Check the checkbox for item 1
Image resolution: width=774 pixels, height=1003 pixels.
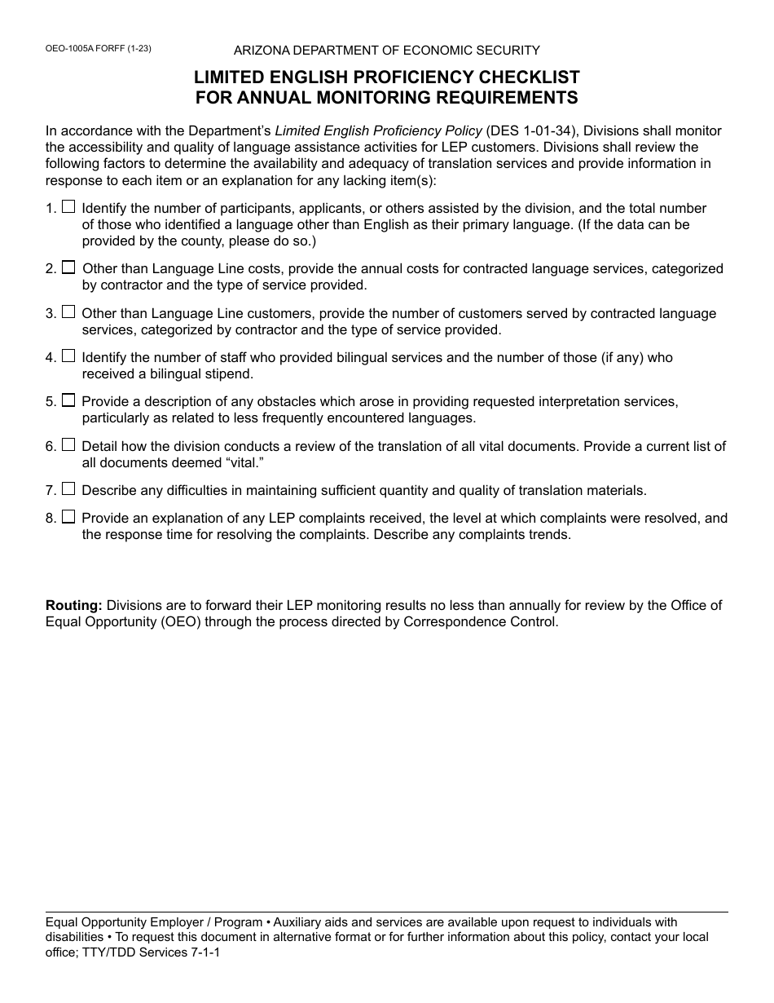click(x=68, y=207)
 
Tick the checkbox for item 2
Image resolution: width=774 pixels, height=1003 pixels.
click(x=68, y=267)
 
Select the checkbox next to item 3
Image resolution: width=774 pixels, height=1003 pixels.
click(x=68, y=312)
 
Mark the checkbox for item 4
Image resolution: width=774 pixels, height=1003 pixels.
click(x=68, y=356)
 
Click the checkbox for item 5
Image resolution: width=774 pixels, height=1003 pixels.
click(x=68, y=400)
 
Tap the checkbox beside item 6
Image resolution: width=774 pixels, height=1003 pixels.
click(x=68, y=444)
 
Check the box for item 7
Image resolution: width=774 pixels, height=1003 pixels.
click(x=68, y=489)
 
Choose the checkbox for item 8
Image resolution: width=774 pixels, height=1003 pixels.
click(x=68, y=516)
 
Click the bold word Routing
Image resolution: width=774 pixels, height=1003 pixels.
click(x=73, y=605)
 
